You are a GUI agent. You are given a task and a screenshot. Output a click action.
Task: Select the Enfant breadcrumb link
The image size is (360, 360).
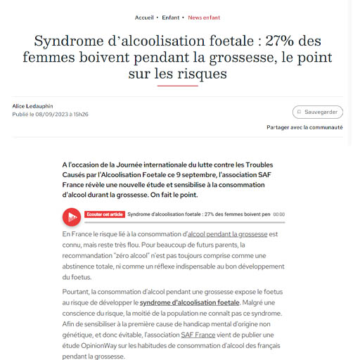(x=171, y=17)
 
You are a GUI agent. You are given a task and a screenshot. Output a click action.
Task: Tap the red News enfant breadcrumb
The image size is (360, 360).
(x=204, y=17)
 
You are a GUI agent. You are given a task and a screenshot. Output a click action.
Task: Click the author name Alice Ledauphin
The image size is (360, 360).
(x=32, y=106)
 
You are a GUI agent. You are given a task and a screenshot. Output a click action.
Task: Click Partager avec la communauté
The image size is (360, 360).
(x=304, y=127)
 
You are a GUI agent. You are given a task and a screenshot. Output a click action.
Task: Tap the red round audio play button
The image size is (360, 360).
(x=72, y=217)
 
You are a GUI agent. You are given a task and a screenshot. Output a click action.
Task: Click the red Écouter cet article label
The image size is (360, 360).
(x=104, y=214)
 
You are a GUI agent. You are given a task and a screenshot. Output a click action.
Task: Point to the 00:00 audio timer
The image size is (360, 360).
(x=278, y=214)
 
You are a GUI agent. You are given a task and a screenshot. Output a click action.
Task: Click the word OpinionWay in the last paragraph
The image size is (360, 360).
(x=100, y=347)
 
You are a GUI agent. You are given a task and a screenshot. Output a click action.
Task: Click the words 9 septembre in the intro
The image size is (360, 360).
(x=202, y=174)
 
